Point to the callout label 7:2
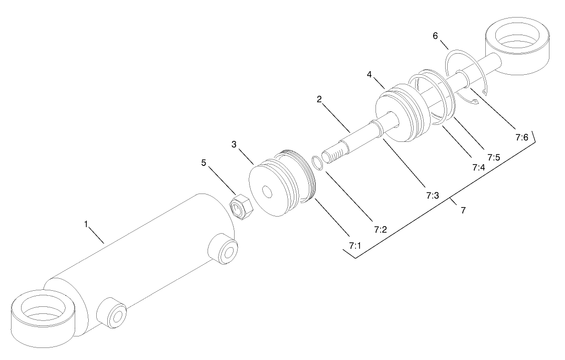click(380, 229)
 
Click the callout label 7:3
click(432, 196)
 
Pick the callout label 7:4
click(478, 167)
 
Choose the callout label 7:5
click(494, 157)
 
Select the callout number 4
click(369, 74)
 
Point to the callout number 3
click(234, 144)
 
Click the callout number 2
click(319, 99)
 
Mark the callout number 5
click(203, 162)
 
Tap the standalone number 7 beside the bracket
click(463, 211)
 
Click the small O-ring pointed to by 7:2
click(317, 162)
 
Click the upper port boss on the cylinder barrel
click(224, 249)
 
